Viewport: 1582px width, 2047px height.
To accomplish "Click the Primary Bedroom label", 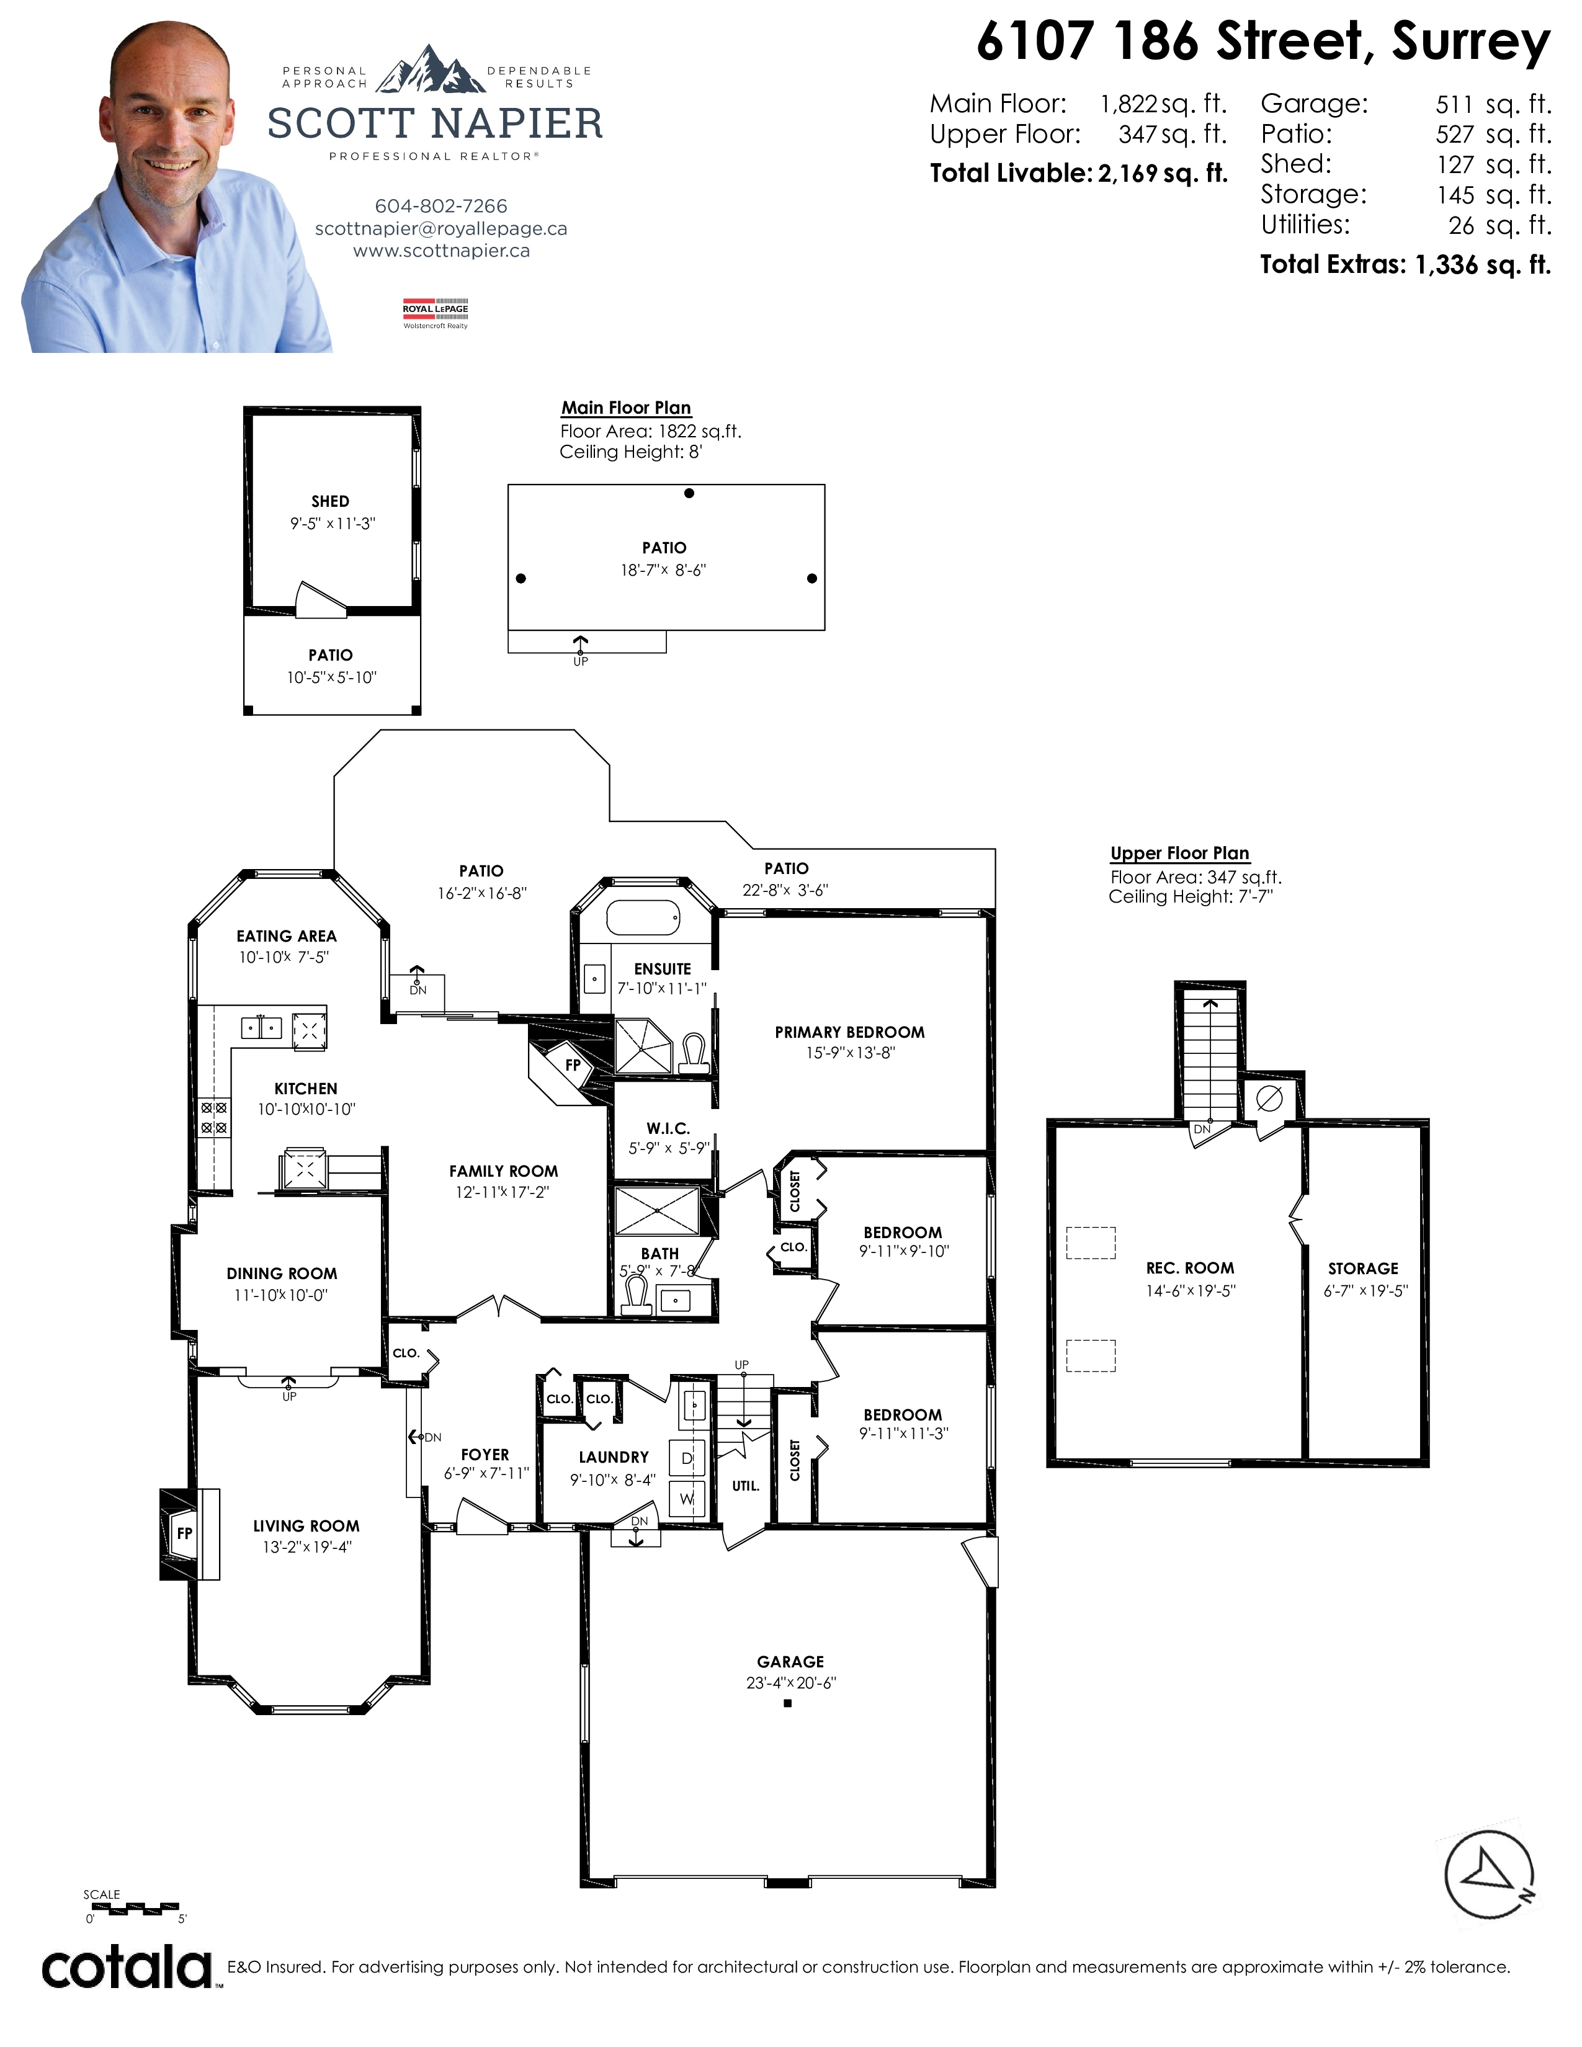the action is click(849, 1032).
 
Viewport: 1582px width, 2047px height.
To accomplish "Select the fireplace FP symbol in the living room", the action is click(185, 1533).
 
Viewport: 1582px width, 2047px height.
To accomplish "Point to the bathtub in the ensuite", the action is click(643, 917).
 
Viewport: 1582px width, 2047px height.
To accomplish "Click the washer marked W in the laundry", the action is click(687, 1499).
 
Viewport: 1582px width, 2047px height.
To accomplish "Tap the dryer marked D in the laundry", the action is click(687, 1458).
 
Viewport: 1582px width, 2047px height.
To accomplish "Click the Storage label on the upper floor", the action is click(1363, 1268).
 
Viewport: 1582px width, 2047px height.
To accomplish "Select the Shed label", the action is click(330, 501).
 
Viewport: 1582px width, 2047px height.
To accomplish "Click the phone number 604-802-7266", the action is click(440, 206).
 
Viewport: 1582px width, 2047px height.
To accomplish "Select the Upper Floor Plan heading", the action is click(1180, 853).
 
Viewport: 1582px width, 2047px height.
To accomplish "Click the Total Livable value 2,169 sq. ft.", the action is click(1163, 174).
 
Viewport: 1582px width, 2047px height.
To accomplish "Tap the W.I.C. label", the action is click(668, 1128).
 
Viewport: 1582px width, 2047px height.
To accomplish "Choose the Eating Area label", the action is click(286, 935).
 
